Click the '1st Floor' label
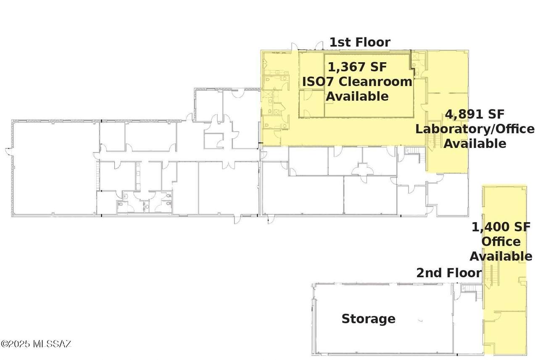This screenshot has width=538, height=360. click(360, 42)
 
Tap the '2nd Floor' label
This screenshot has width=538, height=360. click(449, 273)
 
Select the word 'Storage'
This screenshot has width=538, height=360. click(369, 319)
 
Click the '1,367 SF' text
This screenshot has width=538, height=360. click(357, 66)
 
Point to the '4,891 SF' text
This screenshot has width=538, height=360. click(475, 114)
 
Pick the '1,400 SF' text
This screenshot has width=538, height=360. click(501, 227)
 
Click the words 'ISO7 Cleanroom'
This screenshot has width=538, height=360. click(357, 81)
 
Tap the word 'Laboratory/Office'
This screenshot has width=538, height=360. click(475, 129)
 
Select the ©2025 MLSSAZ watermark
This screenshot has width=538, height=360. click(36, 344)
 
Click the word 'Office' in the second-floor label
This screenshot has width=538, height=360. click(501, 242)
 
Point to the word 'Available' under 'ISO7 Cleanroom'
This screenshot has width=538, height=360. click(357, 96)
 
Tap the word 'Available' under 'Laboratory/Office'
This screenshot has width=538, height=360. click(475, 144)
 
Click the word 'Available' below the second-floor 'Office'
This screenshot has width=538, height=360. click(501, 256)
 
